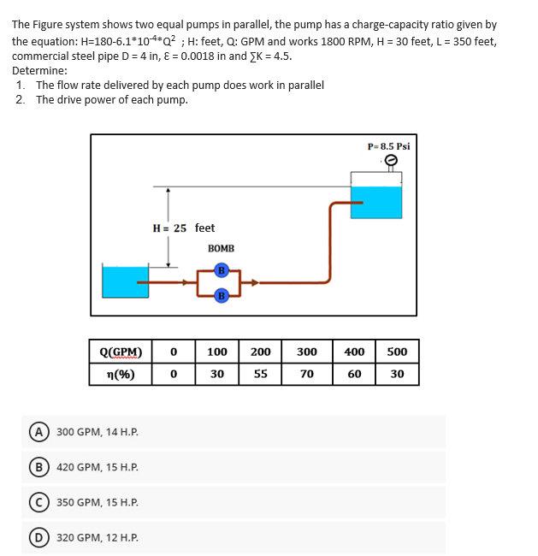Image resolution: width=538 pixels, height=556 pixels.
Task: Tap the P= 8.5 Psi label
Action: pyautogui.click(x=388, y=146)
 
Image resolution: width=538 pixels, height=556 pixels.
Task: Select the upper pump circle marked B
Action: pyautogui.click(x=221, y=271)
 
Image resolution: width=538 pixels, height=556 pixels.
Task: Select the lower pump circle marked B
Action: pyautogui.click(x=221, y=296)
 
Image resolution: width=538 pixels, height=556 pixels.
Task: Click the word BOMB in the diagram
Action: pyautogui.click(x=221, y=249)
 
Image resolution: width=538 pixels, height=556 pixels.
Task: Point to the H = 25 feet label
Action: pyautogui.click(x=183, y=228)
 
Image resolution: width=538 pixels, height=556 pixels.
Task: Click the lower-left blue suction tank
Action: pyautogui.click(x=125, y=281)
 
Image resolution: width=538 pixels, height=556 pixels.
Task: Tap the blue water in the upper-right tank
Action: pyautogui.click(x=376, y=202)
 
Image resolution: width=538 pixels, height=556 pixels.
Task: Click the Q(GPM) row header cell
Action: pyautogui.click(x=121, y=352)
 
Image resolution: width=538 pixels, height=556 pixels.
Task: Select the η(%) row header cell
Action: pyautogui.click(x=121, y=374)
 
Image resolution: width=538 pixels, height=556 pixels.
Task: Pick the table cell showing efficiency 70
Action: pyautogui.click(x=306, y=374)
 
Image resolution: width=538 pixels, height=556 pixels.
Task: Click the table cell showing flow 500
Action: pyautogui.click(x=397, y=352)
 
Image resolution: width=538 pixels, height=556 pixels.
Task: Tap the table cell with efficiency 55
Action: pyautogui.click(x=261, y=374)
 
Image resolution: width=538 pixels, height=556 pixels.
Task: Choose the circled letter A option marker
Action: pyautogui.click(x=38, y=431)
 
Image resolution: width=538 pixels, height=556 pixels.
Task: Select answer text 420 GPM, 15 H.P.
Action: pyautogui.click(x=98, y=467)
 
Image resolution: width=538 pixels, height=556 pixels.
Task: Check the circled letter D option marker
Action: pyautogui.click(x=38, y=537)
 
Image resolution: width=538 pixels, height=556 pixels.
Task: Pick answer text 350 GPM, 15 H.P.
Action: pyautogui.click(x=98, y=502)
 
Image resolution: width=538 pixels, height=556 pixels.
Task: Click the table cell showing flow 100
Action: pyautogui.click(x=217, y=352)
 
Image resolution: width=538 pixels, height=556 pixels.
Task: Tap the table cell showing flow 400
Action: pyautogui.click(x=353, y=352)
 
